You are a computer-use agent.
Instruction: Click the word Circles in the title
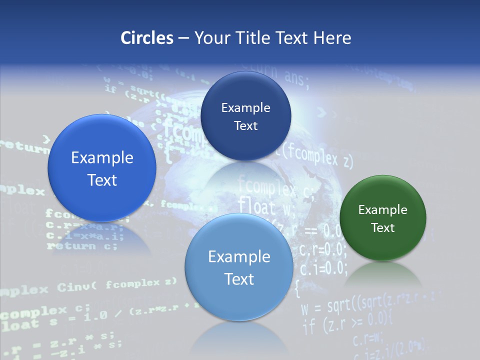[x=146, y=37]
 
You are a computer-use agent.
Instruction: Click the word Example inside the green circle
[x=383, y=209]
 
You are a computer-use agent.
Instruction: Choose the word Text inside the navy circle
[x=245, y=125]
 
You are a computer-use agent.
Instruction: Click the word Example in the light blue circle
[x=239, y=256]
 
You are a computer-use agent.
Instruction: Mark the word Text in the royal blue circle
[x=102, y=180]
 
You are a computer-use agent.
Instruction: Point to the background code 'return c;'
[x=82, y=245]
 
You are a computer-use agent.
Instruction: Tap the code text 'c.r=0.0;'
[x=323, y=248]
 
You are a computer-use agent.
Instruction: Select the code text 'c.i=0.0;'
[x=323, y=268]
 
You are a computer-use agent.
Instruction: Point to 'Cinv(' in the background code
[x=77, y=287]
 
